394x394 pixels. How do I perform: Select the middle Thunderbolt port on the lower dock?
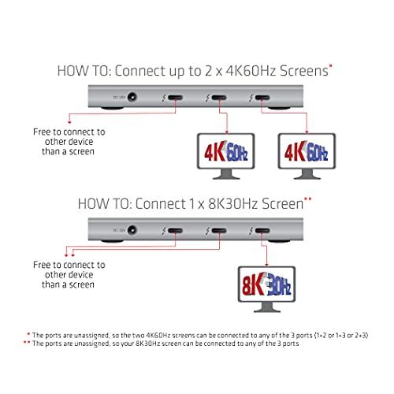(x=216, y=232)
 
